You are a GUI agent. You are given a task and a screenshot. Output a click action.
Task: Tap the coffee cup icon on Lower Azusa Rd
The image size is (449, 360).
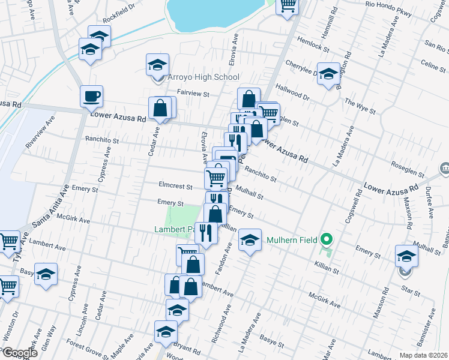pos(92,96)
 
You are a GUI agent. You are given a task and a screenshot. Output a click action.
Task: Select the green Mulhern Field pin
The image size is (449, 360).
pos(327,241)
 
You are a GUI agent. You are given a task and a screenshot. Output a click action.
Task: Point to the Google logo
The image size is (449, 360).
pos(19,353)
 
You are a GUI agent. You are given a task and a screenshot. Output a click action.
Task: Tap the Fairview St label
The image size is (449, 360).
pos(193,94)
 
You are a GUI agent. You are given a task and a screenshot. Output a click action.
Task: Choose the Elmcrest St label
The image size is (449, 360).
pos(175,187)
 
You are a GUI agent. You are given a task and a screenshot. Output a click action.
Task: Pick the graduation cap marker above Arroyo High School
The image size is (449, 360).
pos(158,64)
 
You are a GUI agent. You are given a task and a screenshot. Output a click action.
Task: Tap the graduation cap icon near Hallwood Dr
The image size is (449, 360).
pos(328,74)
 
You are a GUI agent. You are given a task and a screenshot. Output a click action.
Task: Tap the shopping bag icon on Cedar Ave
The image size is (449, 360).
pos(161,109)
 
